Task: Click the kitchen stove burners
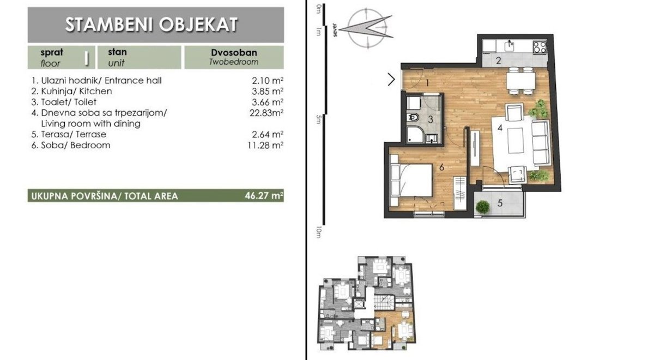[x=540, y=47]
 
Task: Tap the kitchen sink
[x=510, y=46]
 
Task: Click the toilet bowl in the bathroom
[x=413, y=118]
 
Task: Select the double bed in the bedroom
[x=411, y=180]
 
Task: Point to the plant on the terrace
[x=482, y=207]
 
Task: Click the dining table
[x=521, y=81]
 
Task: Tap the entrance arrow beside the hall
[x=391, y=80]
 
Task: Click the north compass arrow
[x=366, y=28]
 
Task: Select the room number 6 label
[x=441, y=167]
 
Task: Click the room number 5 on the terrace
[x=500, y=203]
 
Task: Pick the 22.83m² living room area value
[x=267, y=113]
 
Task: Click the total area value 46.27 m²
[x=264, y=196]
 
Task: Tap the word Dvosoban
[x=234, y=52]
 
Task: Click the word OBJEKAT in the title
[x=198, y=24]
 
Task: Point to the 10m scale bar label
[x=318, y=232]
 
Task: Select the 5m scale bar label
[x=318, y=119]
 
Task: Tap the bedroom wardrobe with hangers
[x=460, y=193]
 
